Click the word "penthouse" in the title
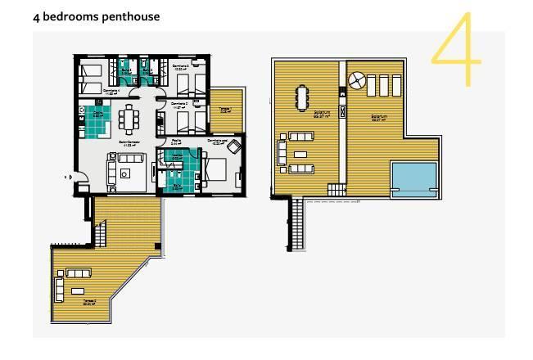[130, 16]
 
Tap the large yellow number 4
[457, 49]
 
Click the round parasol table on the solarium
[357, 80]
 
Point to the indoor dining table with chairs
[129, 119]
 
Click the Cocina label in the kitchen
[97, 115]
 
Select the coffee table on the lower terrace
[79, 290]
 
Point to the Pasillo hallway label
[175, 142]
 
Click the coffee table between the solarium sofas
[300, 155]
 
